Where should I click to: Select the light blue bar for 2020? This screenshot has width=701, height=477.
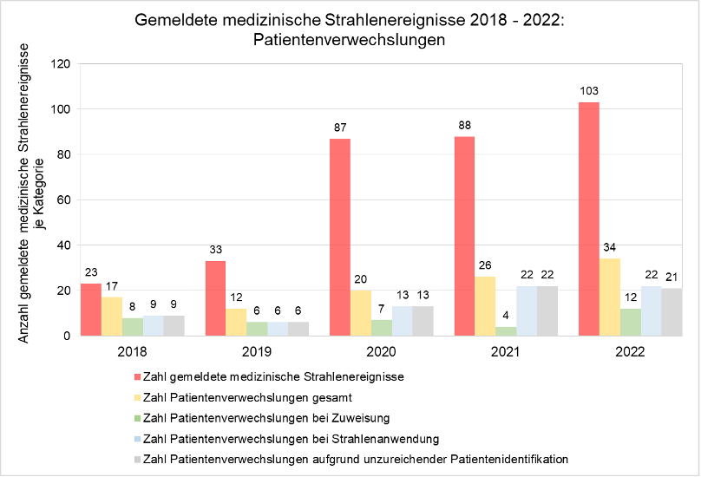click(x=403, y=321)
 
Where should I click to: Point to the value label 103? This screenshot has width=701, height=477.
click(x=589, y=91)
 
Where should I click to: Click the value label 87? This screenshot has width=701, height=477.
click(x=341, y=127)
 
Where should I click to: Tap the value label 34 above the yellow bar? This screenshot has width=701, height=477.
click(x=610, y=248)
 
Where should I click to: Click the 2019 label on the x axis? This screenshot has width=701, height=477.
click(x=258, y=352)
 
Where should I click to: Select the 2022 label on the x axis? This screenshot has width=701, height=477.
click(x=629, y=352)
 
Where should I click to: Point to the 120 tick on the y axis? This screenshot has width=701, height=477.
click(x=61, y=64)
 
